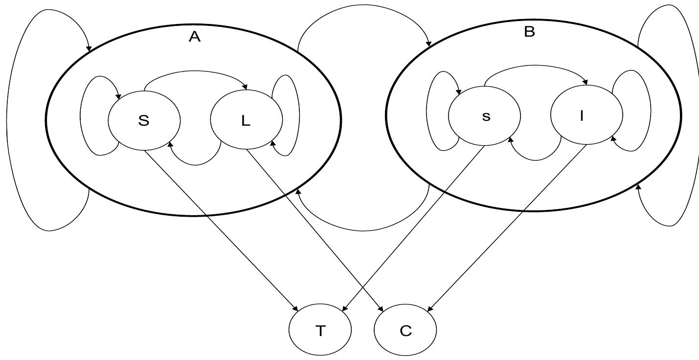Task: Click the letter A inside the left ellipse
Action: (x=195, y=37)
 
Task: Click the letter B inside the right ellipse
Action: (x=529, y=32)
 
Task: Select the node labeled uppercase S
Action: (x=144, y=120)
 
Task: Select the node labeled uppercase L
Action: (x=246, y=120)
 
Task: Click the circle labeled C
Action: (x=405, y=330)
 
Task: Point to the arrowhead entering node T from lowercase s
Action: (x=344, y=309)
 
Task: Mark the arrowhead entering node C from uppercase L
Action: (x=381, y=309)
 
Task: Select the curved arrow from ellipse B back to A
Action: (x=362, y=230)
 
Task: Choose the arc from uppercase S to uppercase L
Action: (x=196, y=72)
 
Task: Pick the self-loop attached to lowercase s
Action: (x=427, y=112)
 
